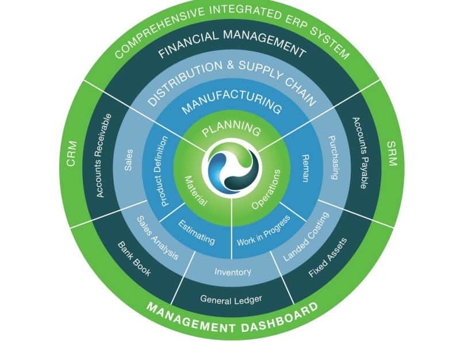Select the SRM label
point(392,154)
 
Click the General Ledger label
point(231,299)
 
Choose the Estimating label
point(197,231)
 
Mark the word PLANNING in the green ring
point(232,128)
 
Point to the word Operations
point(266,189)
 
